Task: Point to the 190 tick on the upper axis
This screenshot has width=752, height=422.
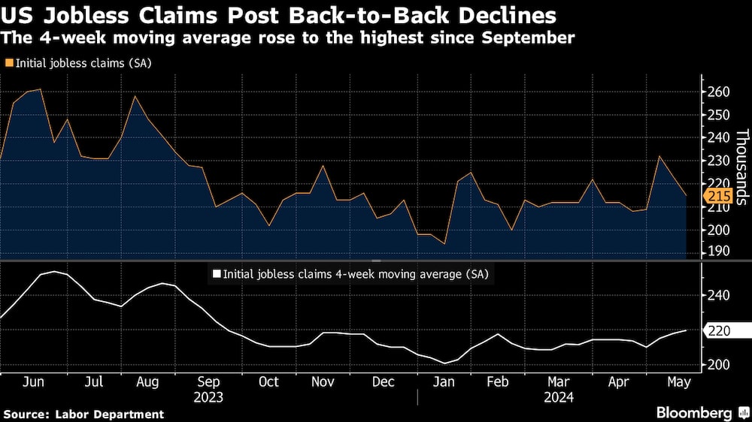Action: click(717, 251)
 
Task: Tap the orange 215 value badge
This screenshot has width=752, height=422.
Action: click(717, 196)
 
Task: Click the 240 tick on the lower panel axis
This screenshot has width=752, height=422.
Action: click(717, 296)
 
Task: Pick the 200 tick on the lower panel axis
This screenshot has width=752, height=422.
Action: click(717, 364)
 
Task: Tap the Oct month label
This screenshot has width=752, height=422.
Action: click(268, 381)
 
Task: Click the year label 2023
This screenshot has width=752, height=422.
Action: click(208, 396)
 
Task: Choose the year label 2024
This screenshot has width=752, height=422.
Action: click(559, 396)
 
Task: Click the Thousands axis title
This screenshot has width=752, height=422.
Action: click(741, 167)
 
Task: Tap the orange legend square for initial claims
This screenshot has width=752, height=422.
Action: click(8, 63)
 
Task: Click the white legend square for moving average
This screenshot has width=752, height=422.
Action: click(217, 274)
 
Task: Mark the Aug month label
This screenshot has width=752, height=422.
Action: click(147, 381)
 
